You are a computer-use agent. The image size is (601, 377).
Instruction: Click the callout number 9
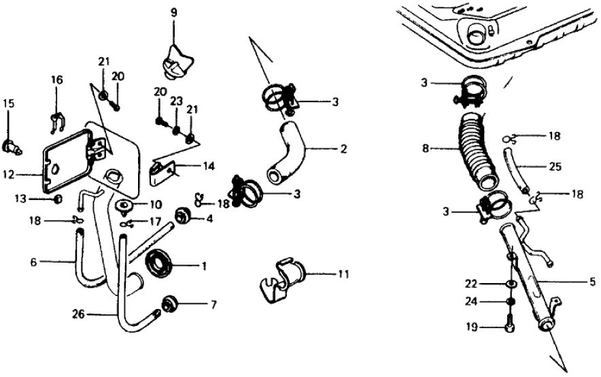pos(173,12)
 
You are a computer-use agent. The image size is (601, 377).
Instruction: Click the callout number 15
pos(9,103)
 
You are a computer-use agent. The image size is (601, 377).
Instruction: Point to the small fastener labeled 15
pos(12,144)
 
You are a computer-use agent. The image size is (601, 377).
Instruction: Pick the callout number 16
pos(56,80)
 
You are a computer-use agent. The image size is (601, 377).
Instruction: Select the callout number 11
pos(344,274)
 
